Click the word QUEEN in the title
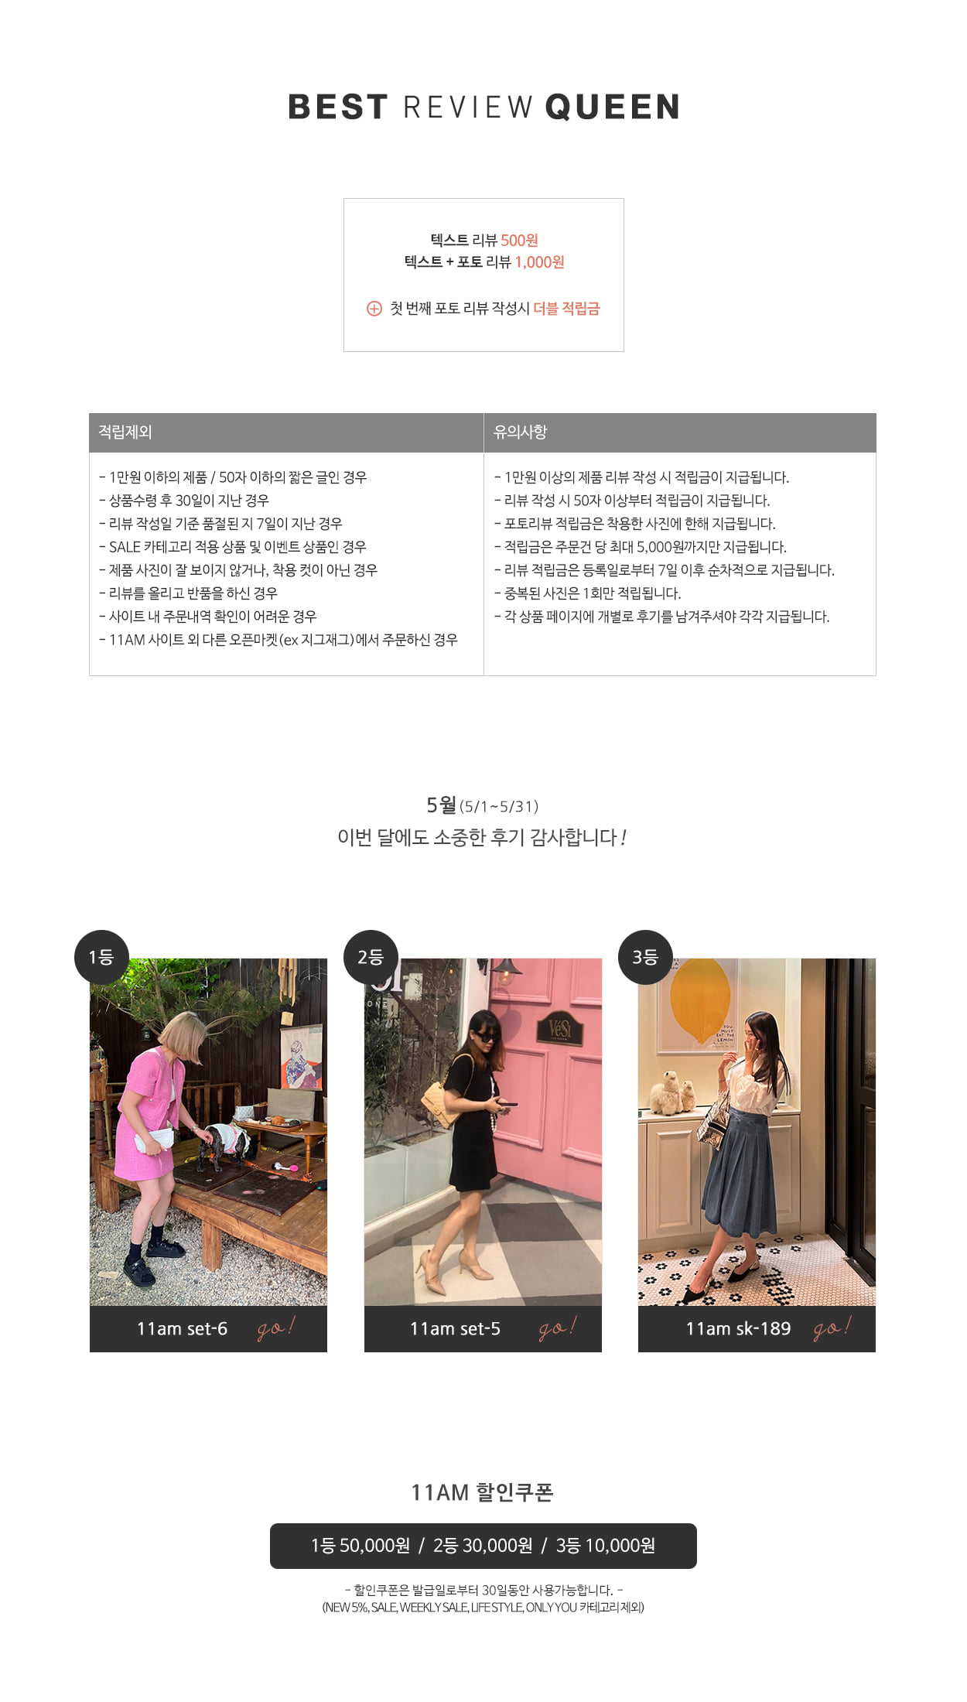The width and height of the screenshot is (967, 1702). [613, 108]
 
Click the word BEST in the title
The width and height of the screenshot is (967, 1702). [337, 108]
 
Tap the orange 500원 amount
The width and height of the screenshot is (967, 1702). [519, 241]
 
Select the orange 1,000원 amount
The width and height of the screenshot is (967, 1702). [539, 262]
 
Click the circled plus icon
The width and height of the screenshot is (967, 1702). [374, 309]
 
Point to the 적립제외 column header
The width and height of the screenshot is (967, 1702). [125, 432]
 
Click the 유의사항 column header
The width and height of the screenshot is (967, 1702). [521, 432]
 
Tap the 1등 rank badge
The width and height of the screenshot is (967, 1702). [101, 957]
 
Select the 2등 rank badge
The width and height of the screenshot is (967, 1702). [371, 957]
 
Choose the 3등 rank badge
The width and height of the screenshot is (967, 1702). [645, 957]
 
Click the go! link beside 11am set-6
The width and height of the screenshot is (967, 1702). [276, 1328]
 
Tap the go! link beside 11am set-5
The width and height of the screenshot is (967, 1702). [558, 1328]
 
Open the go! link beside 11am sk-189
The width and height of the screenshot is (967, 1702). [832, 1328]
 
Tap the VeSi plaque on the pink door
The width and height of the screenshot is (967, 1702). [559, 1028]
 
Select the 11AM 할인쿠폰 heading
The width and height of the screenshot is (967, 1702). [483, 1492]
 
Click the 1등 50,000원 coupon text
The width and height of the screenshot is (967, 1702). [360, 1545]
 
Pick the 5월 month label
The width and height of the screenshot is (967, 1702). [442, 805]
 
